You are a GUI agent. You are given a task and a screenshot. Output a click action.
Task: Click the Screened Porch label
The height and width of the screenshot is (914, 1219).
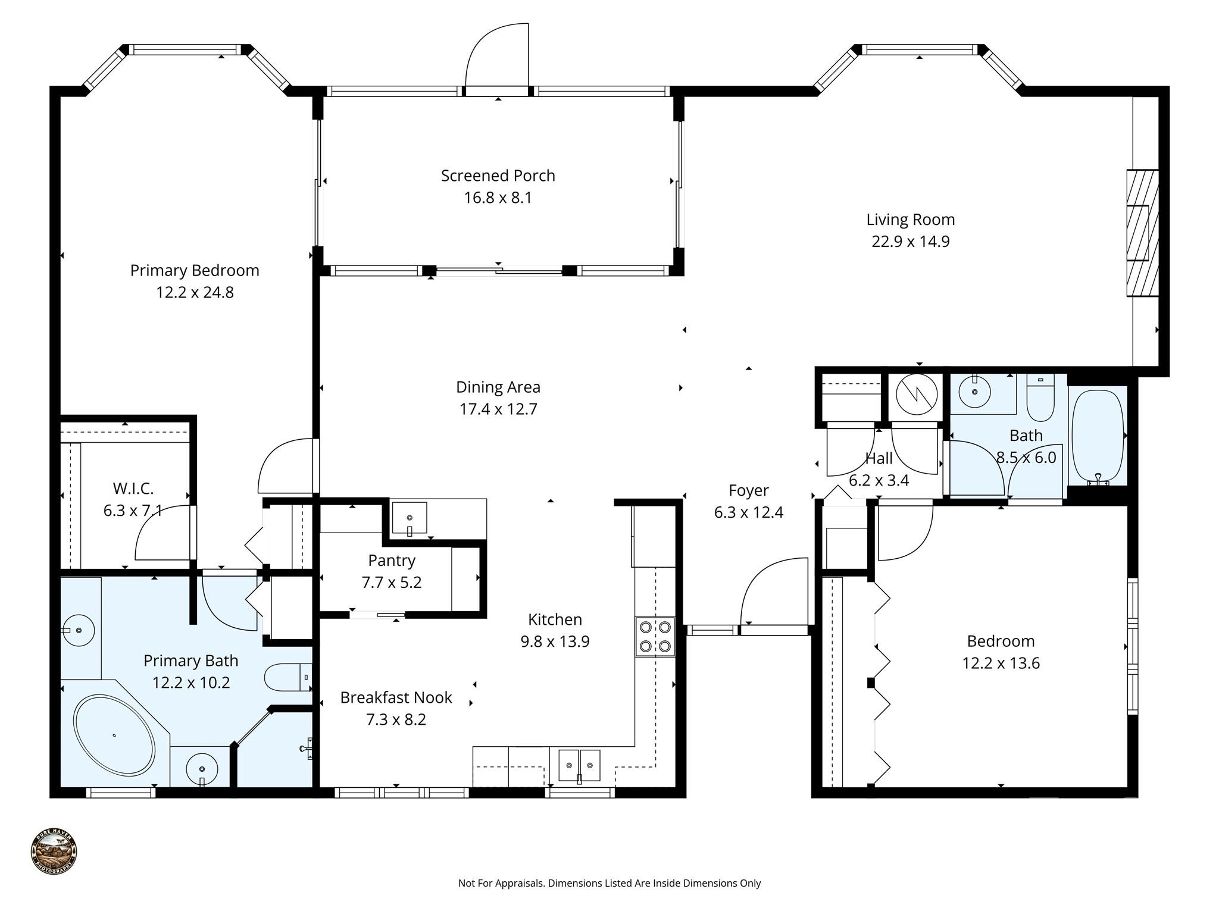tap(498, 176)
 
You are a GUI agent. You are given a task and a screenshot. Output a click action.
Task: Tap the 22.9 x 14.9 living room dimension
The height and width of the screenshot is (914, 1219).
tap(910, 242)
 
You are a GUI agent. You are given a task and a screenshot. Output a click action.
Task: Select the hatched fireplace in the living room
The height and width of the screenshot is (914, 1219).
tap(1142, 233)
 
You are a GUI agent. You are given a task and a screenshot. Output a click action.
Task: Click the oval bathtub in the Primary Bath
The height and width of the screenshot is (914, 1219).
tap(114, 735)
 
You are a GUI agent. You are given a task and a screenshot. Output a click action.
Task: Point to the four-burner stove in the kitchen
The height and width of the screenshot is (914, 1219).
tap(655, 636)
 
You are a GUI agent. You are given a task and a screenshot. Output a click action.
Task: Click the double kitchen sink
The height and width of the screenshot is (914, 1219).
tap(579, 765)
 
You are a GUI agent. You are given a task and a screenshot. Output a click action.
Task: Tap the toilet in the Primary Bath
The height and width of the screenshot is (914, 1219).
tap(287, 677)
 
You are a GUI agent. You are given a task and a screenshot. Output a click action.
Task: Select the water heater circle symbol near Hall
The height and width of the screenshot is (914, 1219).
tap(916, 393)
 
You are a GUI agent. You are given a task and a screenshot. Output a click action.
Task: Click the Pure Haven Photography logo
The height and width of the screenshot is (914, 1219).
tap(54, 852)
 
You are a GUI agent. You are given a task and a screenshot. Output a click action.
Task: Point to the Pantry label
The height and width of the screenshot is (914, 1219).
tap(391, 561)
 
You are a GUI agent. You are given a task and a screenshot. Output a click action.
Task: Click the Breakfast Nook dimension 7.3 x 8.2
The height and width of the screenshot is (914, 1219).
tap(396, 719)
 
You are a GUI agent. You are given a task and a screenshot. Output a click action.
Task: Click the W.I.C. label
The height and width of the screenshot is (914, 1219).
tap(133, 489)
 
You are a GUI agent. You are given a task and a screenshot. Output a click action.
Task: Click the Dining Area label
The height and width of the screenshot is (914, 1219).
tap(498, 387)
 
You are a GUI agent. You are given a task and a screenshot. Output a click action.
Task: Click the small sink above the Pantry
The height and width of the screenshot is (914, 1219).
tap(410, 518)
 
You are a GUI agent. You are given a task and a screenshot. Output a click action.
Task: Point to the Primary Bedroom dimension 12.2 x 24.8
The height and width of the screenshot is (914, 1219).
tap(195, 292)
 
